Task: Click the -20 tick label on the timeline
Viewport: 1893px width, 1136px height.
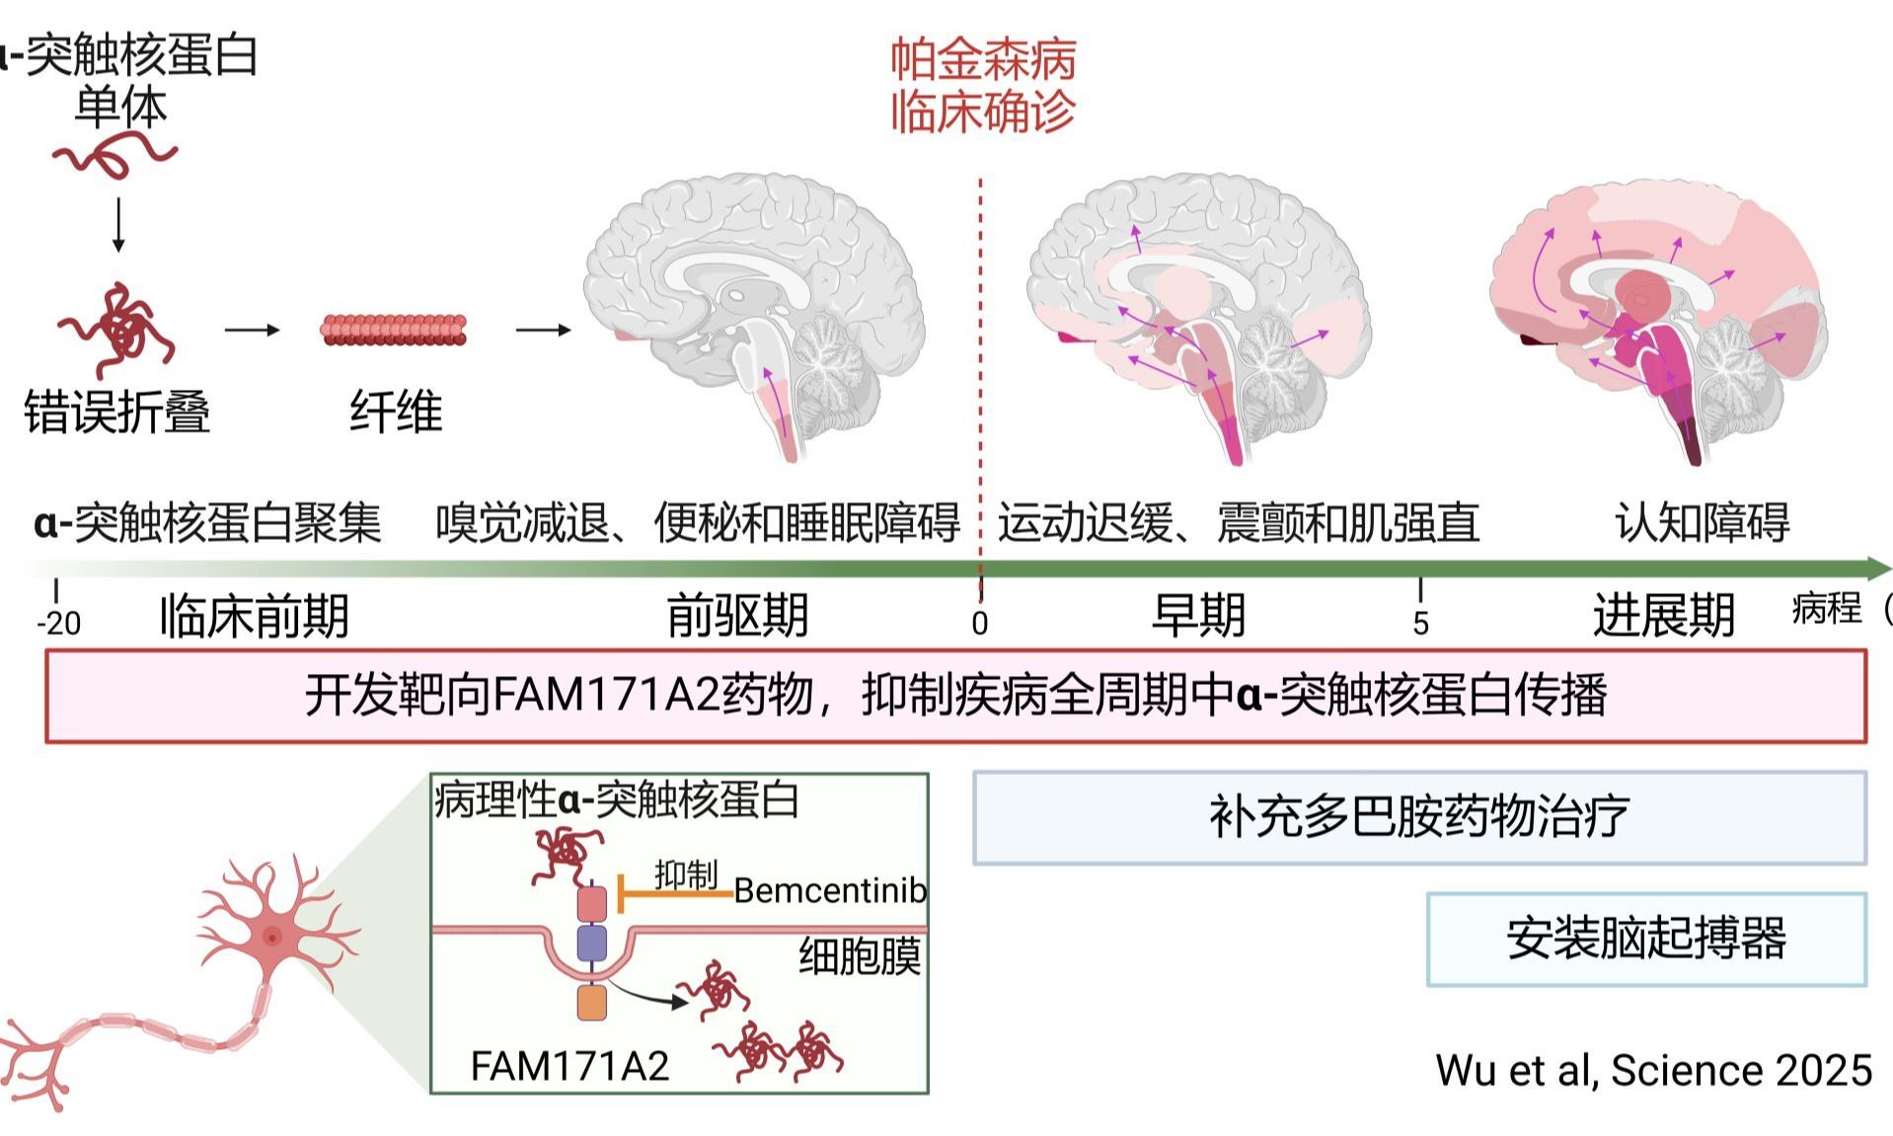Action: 59,624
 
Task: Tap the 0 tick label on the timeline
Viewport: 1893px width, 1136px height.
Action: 979,624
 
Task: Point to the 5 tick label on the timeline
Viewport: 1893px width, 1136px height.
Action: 1420,624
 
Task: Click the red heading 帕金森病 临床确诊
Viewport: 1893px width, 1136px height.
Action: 983,86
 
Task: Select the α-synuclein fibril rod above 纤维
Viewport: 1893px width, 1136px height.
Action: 394,330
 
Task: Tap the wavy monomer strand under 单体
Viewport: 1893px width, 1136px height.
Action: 115,157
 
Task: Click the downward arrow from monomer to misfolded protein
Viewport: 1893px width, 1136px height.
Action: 118,225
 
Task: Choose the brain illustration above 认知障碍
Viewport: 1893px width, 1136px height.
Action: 1655,316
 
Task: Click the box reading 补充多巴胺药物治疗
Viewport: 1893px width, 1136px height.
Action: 1418,818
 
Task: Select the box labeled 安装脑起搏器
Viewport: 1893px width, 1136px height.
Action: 1645,939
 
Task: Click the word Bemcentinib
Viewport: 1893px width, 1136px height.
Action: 830,891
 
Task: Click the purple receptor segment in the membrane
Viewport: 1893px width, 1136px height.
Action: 591,943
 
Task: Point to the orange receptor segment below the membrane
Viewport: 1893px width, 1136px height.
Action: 591,1003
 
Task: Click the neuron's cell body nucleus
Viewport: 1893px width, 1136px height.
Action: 272,937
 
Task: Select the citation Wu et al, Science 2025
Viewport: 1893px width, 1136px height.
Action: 1653,1070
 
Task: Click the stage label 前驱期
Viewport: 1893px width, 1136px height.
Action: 737,616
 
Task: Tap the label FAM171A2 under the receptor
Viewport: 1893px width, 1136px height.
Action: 569,1066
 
